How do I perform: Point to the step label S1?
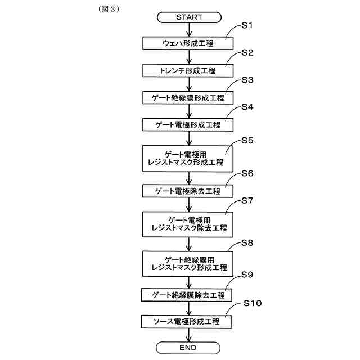(247, 26)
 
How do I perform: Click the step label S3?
(247, 80)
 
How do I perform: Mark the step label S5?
(247, 140)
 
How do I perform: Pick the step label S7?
(247, 200)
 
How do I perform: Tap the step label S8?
(247, 243)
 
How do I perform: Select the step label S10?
(253, 304)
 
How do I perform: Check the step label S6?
(247, 173)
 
